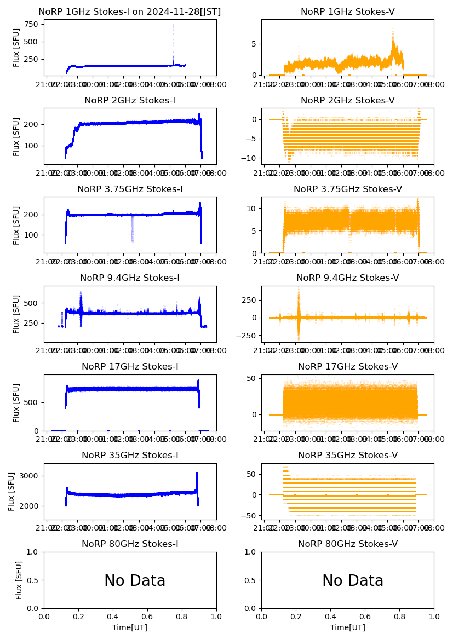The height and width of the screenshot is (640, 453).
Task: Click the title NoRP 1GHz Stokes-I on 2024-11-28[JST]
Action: pyautogui.click(x=130, y=12)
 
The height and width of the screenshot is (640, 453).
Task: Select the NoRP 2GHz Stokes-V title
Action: pyautogui.click(x=348, y=101)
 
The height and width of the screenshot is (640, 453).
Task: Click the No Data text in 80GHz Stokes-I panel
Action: pyautogui.click(x=135, y=581)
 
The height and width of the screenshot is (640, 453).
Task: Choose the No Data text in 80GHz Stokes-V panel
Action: pyautogui.click(x=353, y=581)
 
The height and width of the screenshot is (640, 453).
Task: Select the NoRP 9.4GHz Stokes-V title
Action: pyautogui.click(x=348, y=278)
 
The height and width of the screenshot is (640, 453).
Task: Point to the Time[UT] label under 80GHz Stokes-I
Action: pyautogui.click(x=130, y=627)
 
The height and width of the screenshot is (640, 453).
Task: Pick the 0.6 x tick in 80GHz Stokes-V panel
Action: pyautogui.click(x=365, y=615)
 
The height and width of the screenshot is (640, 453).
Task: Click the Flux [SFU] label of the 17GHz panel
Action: pyautogui.click(x=16, y=402)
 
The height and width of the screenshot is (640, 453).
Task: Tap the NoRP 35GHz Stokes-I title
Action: pyautogui.click(x=130, y=456)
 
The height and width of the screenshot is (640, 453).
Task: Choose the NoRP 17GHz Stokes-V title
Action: pyautogui.click(x=348, y=367)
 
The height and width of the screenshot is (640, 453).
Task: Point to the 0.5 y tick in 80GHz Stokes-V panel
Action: pyautogui.click(x=251, y=580)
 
